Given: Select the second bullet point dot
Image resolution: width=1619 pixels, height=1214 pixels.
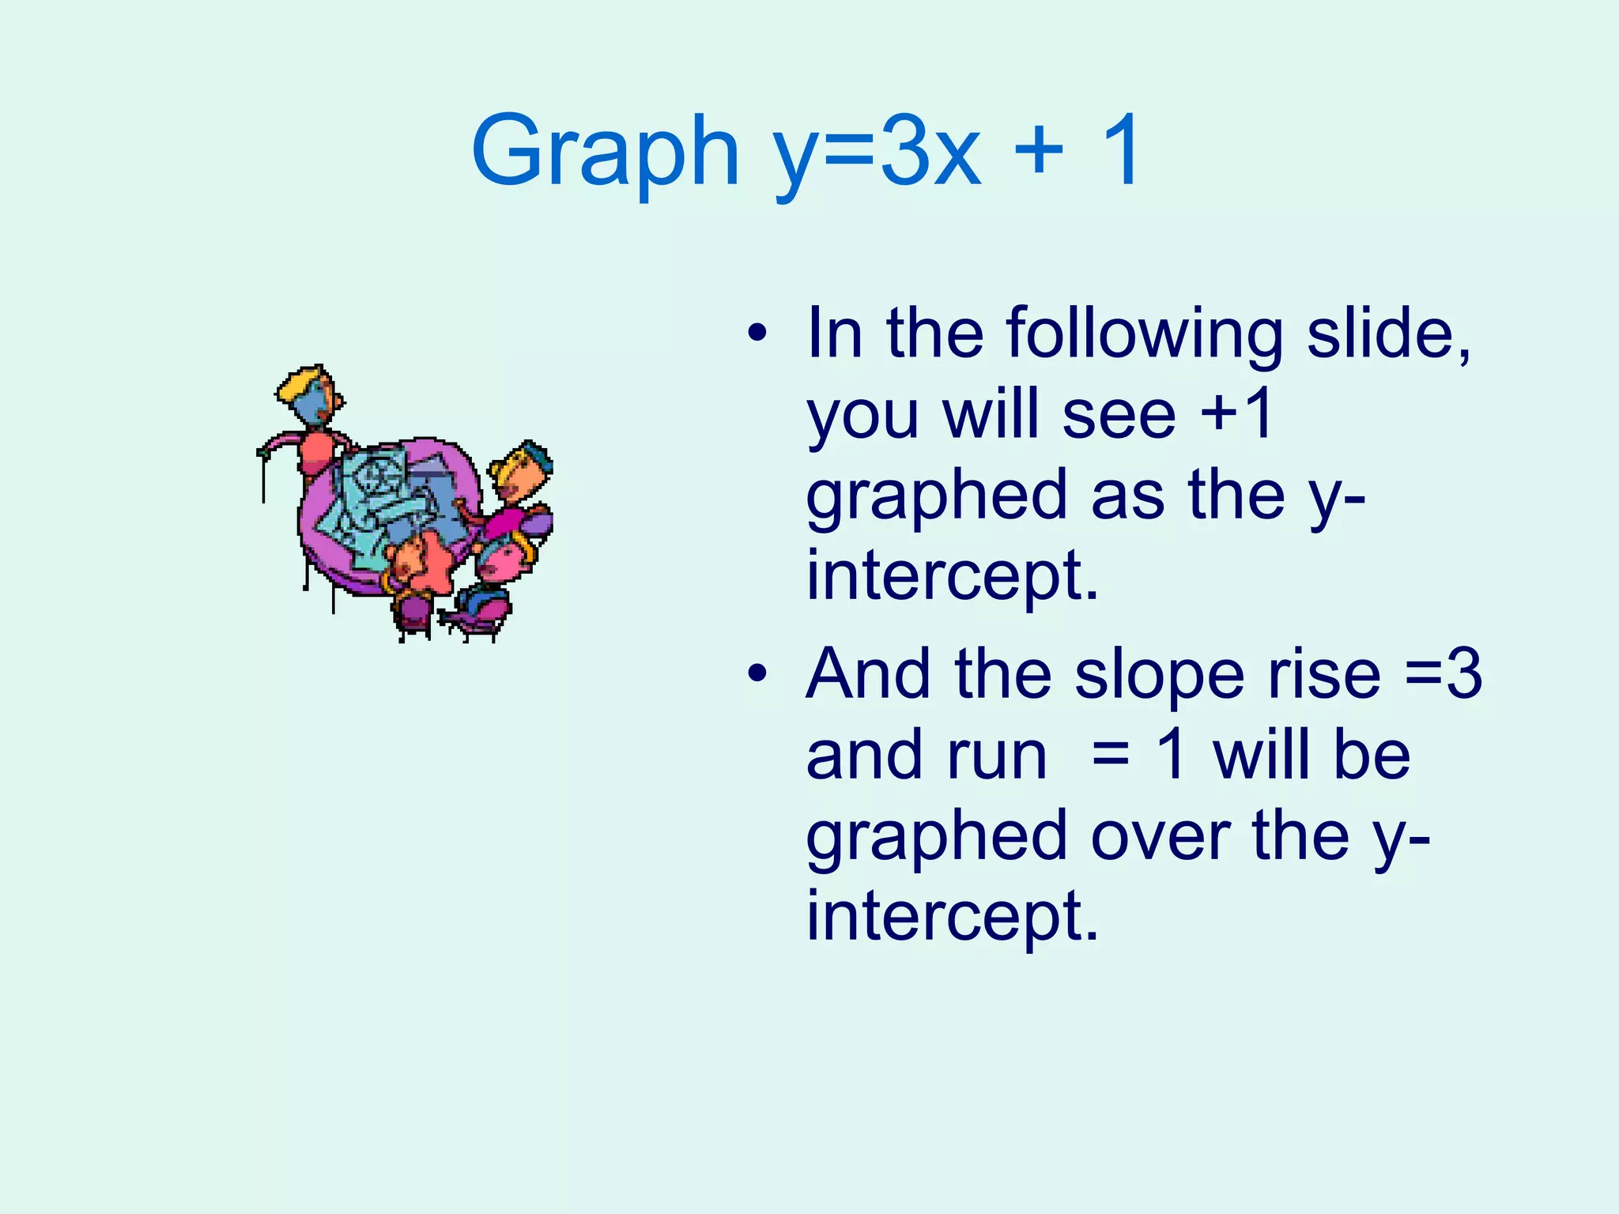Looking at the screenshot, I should click(x=757, y=673).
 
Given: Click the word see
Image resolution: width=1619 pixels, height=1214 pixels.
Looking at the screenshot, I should click(x=1119, y=416).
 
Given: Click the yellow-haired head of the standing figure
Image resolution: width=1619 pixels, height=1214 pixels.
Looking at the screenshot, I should click(x=310, y=391).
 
